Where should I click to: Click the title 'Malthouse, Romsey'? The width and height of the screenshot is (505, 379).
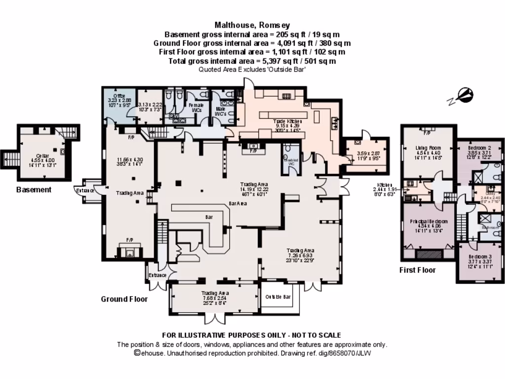coord(252,25)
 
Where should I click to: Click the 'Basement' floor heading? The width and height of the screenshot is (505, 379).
coord(34,189)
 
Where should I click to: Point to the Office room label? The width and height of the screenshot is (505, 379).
coord(119,96)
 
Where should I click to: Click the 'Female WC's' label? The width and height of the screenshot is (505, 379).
coord(196,108)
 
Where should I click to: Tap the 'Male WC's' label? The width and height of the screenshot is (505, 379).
coord(220,111)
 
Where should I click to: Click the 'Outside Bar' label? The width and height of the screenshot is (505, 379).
coord(278,297)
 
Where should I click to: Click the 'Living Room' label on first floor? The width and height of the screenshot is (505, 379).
coord(427,148)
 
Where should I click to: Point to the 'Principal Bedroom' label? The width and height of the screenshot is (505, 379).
coord(428,222)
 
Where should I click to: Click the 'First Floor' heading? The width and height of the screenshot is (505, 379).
coord(417,270)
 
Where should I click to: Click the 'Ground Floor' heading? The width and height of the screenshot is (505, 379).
coord(124,299)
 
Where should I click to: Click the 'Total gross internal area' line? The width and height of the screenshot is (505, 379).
coord(252,61)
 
